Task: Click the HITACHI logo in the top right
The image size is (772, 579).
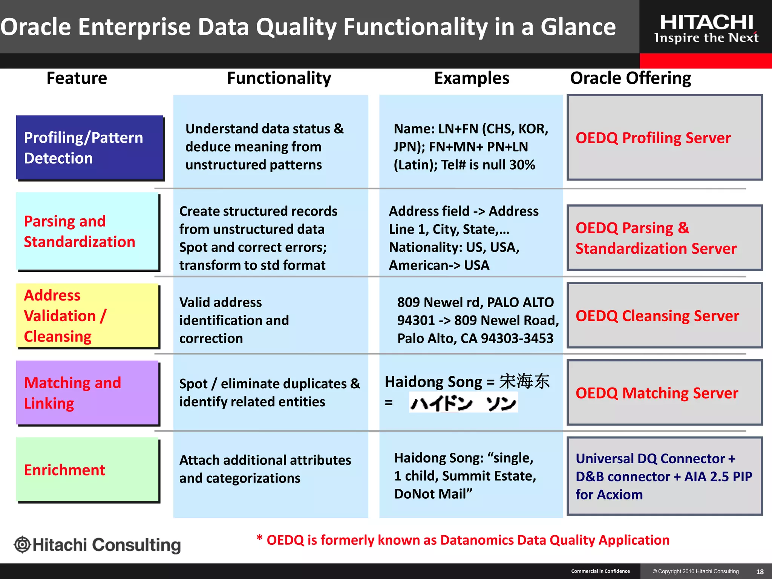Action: click(706, 28)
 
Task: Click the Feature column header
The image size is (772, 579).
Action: click(77, 78)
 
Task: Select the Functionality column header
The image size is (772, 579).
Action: click(279, 78)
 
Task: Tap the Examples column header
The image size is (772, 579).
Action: click(472, 78)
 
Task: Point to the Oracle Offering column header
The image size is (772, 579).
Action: click(630, 78)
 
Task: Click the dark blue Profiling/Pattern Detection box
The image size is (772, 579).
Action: click(89, 147)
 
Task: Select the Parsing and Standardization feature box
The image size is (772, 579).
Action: click(87, 231)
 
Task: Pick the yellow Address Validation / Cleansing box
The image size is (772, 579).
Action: click(87, 316)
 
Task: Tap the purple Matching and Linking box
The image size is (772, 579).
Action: click(87, 393)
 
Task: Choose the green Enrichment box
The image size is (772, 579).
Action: click(87, 470)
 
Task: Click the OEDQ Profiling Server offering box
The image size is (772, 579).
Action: click(664, 138)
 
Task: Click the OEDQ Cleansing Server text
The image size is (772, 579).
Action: click(657, 316)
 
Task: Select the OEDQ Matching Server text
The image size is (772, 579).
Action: click(657, 393)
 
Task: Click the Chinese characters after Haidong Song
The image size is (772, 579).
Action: click(524, 381)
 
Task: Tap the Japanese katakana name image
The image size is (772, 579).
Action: click(463, 403)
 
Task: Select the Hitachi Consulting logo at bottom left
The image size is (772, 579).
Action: click(98, 545)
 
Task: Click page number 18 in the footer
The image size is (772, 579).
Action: click(760, 571)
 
